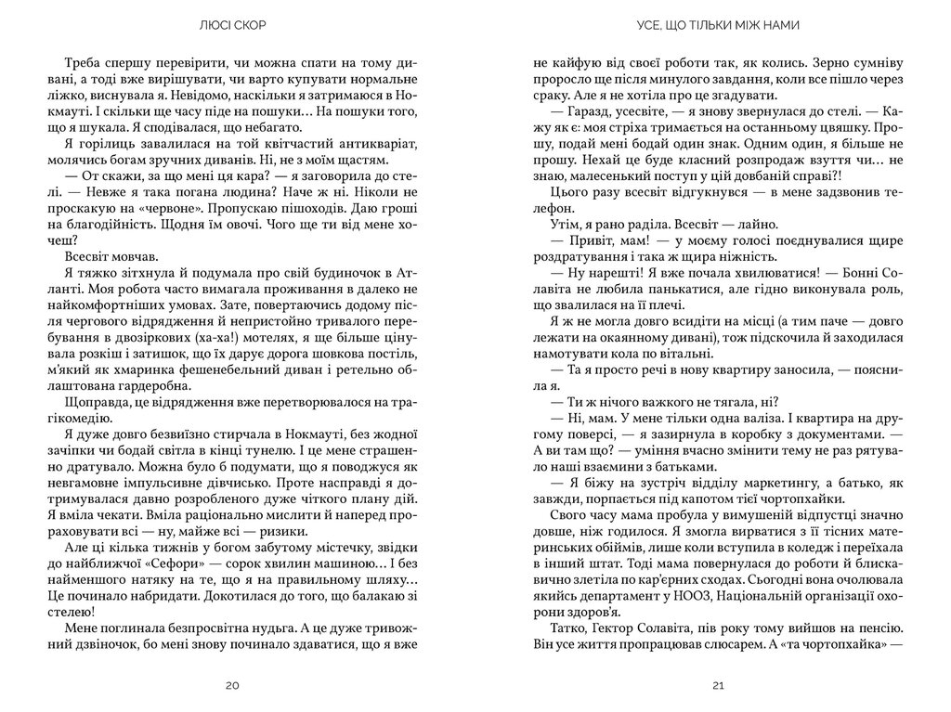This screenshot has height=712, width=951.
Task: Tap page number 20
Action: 232,685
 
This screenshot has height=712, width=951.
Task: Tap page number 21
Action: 717,685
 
